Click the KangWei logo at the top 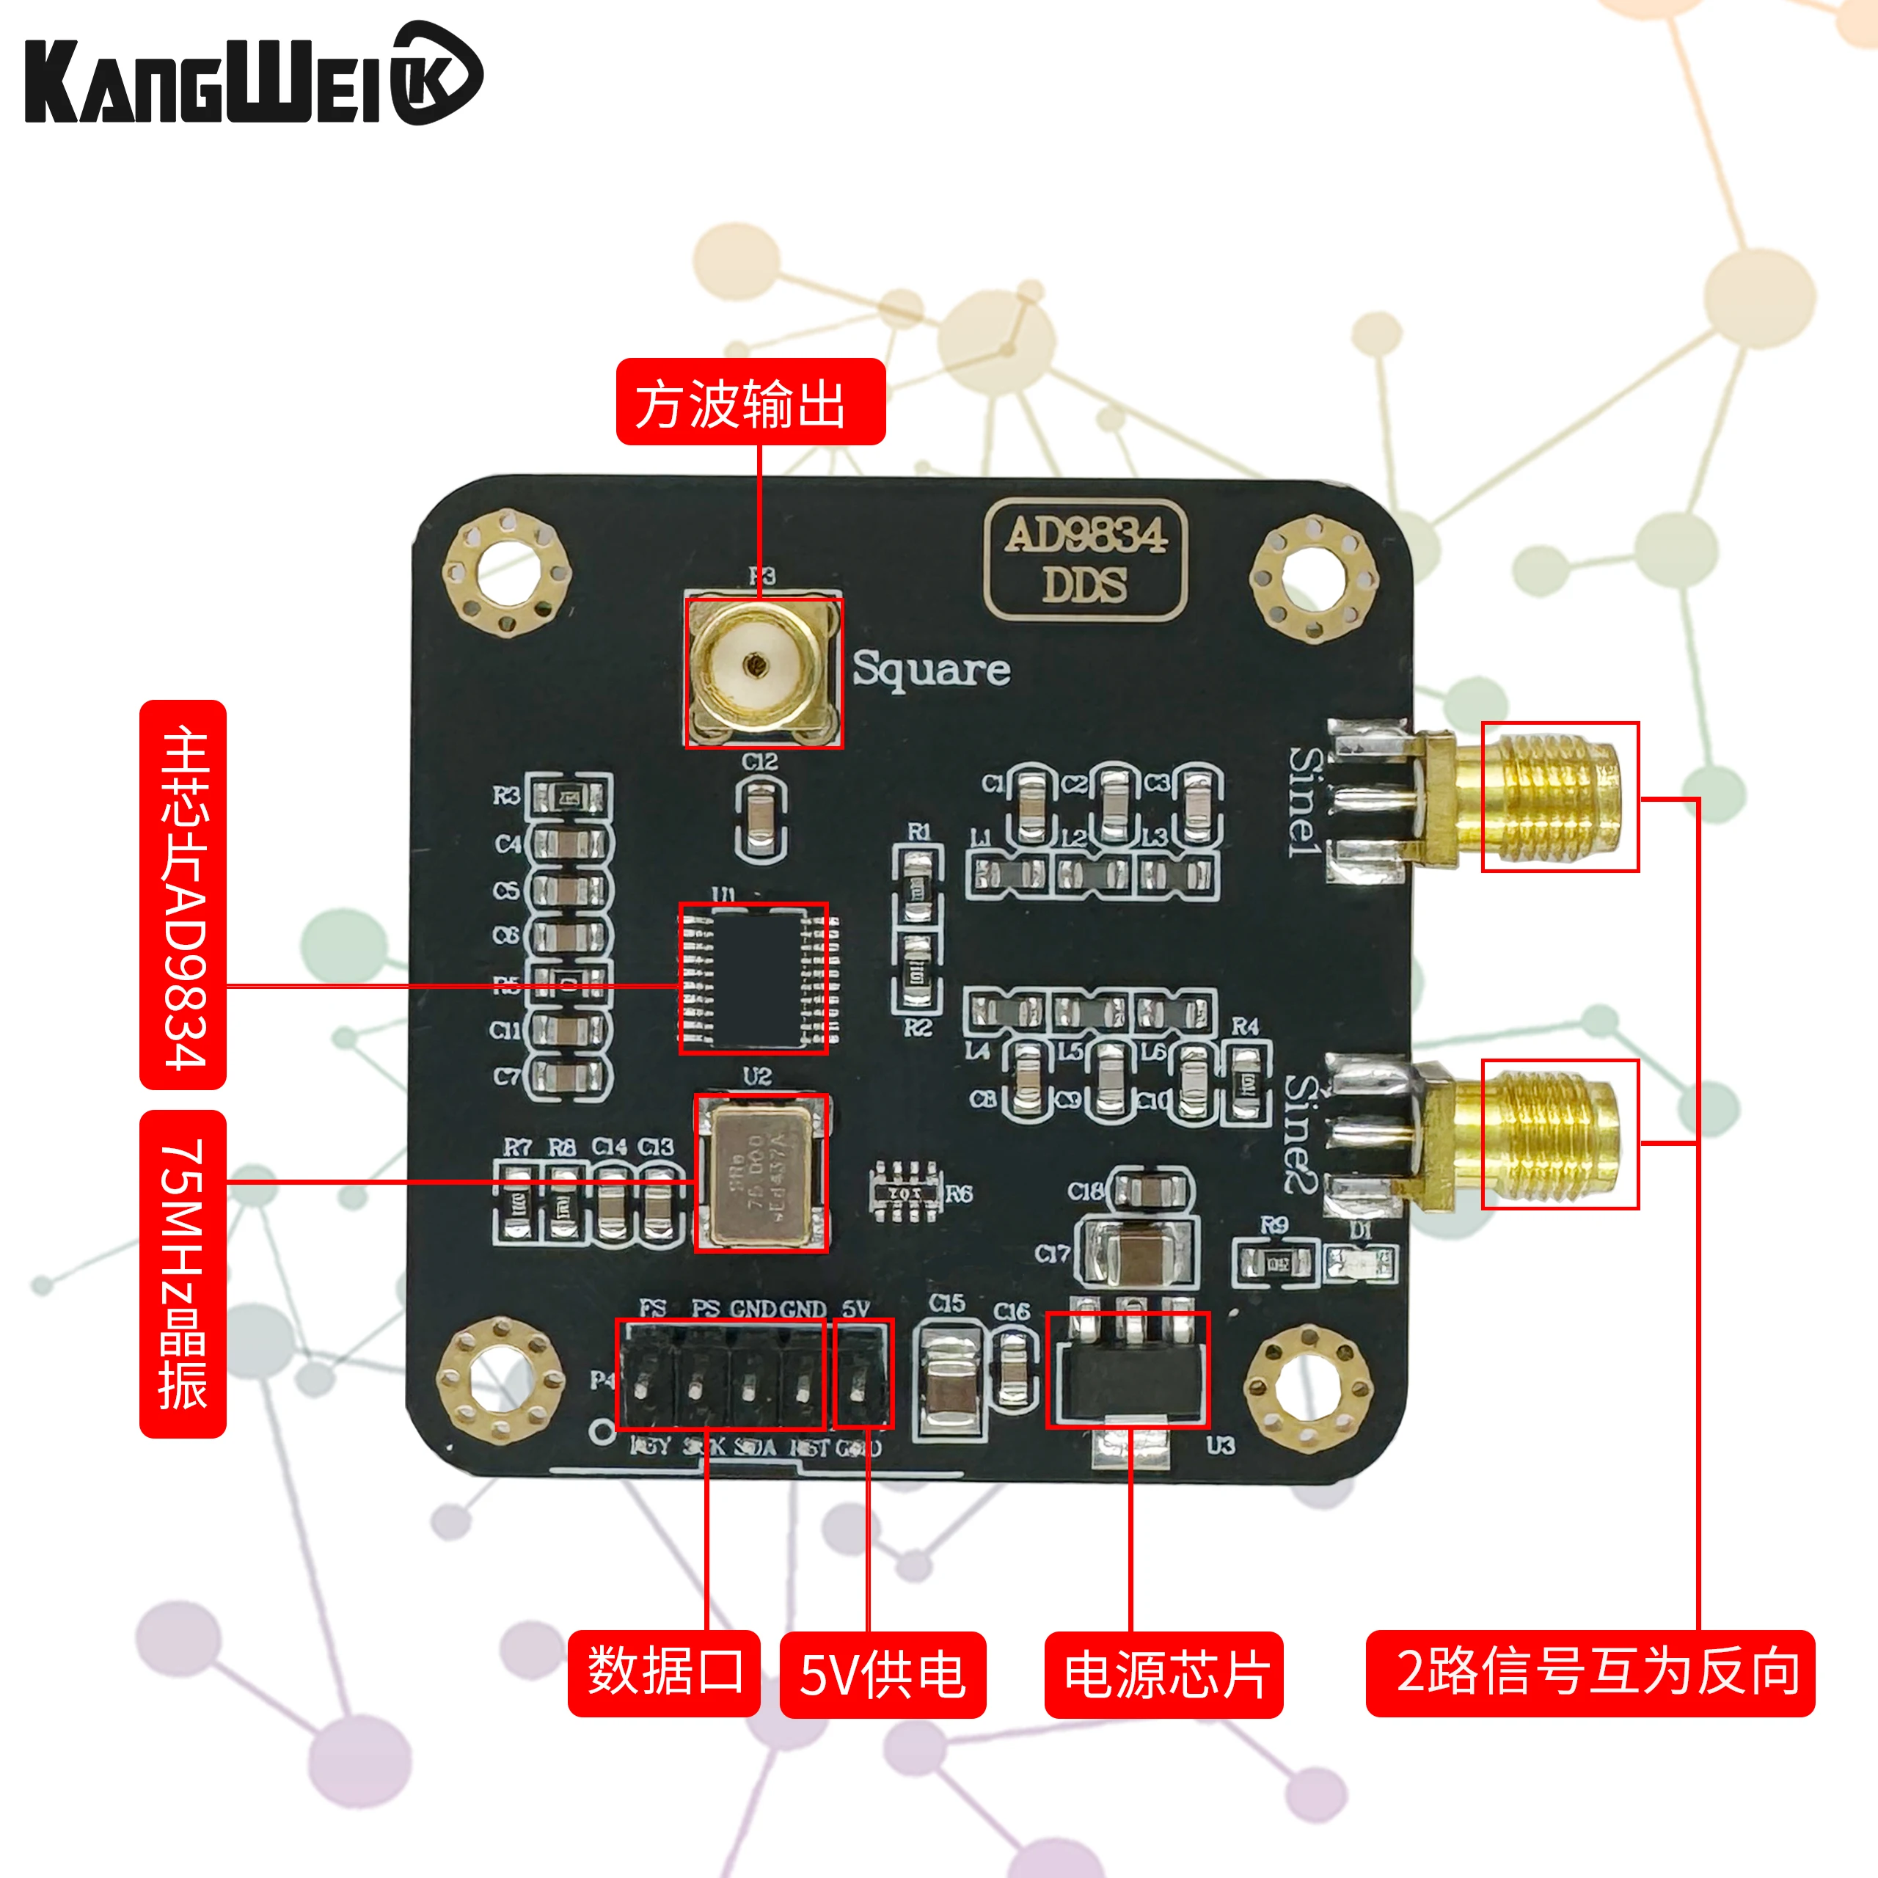coord(253,76)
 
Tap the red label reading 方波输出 coord(750,403)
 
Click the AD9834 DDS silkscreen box coord(1085,560)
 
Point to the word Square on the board coord(931,671)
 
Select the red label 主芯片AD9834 coord(183,894)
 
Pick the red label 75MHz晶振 coord(183,1274)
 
